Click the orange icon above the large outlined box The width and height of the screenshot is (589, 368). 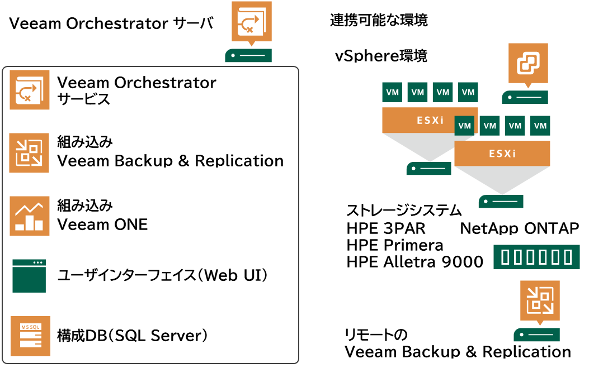pyautogui.click(x=251, y=21)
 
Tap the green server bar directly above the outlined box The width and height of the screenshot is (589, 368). pyautogui.click(x=248, y=55)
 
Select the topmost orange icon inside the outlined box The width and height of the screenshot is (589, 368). pyautogui.click(x=30, y=89)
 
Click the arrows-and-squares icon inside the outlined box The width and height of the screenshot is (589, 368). pyautogui.click(x=29, y=153)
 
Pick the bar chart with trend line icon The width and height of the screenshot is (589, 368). pyautogui.click(x=30, y=216)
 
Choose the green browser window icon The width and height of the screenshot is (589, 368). pyautogui.click(x=29, y=276)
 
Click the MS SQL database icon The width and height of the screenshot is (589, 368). pyautogui.click(x=30, y=336)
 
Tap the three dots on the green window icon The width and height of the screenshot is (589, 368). pyautogui.click(x=37, y=262)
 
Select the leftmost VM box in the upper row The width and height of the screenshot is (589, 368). pyautogui.click(x=392, y=92)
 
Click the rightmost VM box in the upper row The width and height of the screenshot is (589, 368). pyautogui.click(x=468, y=92)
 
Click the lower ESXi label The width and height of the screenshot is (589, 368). pyautogui.click(x=502, y=154)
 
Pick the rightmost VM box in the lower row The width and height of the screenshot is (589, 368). pyautogui.click(x=540, y=126)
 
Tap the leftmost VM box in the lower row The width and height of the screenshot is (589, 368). pyautogui.click(x=465, y=126)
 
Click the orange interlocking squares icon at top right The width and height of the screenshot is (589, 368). pyautogui.click(x=528, y=63)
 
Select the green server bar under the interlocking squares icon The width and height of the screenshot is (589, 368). pyautogui.click(x=525, y=97)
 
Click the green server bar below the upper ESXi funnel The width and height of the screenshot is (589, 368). pyautogui.click(x=428, y=169)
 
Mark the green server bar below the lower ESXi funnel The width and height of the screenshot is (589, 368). pyautogui.click(x=501, y=202)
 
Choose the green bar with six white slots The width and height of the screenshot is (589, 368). pyautogui.click(x=536, y=257)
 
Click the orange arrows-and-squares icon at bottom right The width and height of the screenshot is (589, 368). pyautogui.click(x=540, y=300)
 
